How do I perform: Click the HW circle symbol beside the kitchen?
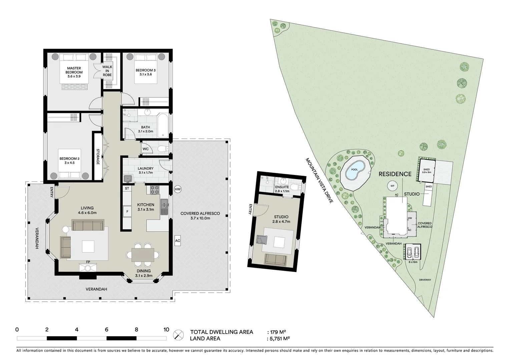point(178,189)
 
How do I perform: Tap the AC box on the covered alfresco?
point(178,241)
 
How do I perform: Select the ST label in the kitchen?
point(127,189)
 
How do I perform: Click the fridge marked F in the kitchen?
point(127,211)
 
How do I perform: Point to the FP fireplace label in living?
point(88,262)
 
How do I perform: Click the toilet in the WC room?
point(162,149)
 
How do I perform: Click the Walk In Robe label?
point(107,71)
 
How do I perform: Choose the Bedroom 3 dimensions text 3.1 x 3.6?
point(145,75)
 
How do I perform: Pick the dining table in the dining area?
point(143,255)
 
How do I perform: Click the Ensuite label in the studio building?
point(282,187)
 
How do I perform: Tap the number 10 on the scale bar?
point(166,330)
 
